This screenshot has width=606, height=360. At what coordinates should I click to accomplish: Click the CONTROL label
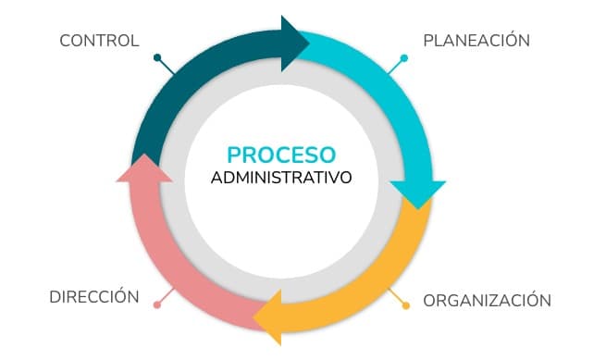pyautogui.click(x=99, y=41)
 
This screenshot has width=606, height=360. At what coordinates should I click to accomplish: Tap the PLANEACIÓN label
pyautogui.click(x=476, y=41)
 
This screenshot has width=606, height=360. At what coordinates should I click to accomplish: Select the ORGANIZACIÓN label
pyautogui.click(x=487, y=301)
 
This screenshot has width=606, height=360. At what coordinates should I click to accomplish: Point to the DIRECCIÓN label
pyautogui.click(x=94, y=297)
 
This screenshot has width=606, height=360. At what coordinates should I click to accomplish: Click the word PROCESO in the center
pyautogui.click(x=281, y=154)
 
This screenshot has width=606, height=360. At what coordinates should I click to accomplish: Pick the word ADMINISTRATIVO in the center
pyautogui.click(x=281, y=177)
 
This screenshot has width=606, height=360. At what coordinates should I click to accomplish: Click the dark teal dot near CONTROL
pyautogui.click(x=158, y=57)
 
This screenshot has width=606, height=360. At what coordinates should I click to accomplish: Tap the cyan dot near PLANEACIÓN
pyautogui.click(x=404, y=58)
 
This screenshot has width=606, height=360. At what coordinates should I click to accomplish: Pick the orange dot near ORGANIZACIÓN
pyautogui.click(x=405, y=304)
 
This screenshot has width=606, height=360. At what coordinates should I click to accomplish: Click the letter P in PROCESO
pyautogui.click(x=234, y=154)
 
